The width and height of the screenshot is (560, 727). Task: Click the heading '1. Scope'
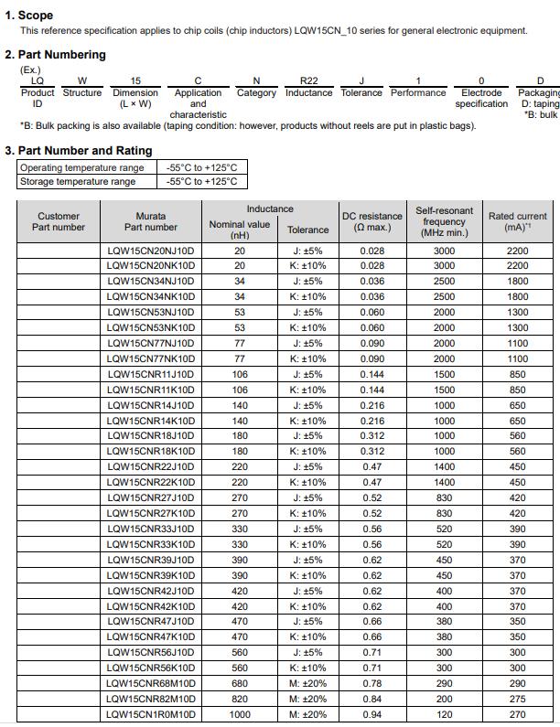pos(29,15)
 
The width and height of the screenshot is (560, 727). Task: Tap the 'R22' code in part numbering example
pos(309,80)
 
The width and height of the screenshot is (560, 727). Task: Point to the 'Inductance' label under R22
pos(309,92)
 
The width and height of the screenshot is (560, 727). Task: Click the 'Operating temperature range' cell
pos(82,167)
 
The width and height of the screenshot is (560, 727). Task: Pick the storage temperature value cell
pos(202,181)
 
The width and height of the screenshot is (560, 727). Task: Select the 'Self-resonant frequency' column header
pos(444,221)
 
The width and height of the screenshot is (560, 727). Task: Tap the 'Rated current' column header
pos(517,221)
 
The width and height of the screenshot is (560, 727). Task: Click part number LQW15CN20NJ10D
pos(151,251)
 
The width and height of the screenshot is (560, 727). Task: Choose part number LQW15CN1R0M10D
pos(151,714)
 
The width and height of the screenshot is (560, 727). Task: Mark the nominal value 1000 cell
pos(240,714)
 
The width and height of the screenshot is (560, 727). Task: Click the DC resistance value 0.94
pos(372,714)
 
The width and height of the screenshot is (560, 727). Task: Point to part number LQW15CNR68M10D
pos(151,683)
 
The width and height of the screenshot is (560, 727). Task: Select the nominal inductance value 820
pos(240,699)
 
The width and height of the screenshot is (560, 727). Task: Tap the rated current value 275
pos(517,699)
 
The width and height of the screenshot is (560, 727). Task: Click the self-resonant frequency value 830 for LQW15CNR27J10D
pos(444,497)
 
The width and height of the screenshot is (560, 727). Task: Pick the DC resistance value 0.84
pos(372,699)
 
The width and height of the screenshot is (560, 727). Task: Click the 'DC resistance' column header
pos(372,221)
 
